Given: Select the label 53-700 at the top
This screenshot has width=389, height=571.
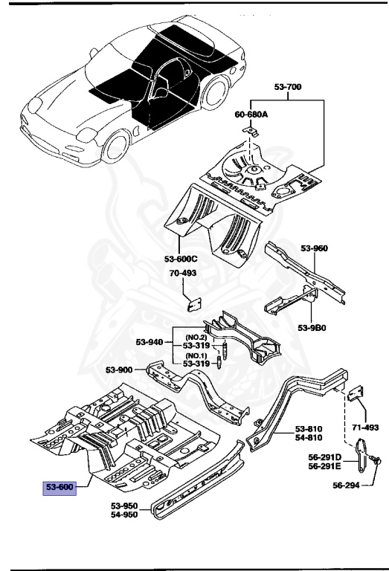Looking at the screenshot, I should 288,88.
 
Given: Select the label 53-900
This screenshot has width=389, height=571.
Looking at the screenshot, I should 120,370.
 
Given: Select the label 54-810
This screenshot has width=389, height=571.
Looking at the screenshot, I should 309,438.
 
